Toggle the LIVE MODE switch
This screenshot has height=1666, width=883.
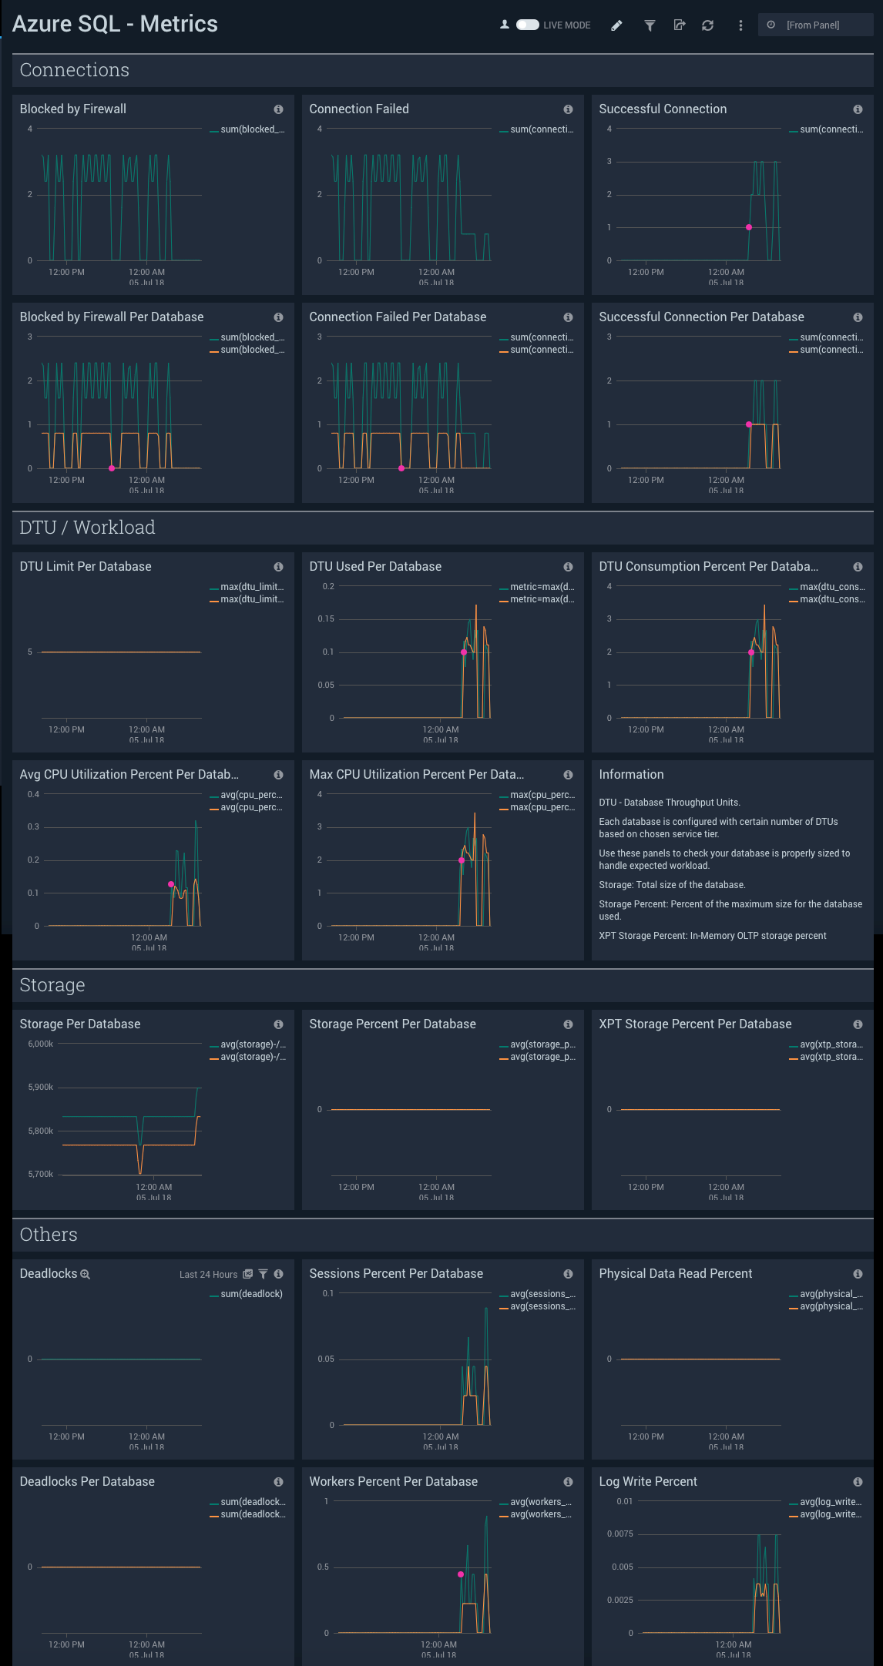[x=527, y=25]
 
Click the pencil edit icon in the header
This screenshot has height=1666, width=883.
[x=616, y=25]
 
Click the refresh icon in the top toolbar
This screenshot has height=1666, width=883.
[x=707, y=25]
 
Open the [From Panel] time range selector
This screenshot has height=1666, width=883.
[x=813, y=25]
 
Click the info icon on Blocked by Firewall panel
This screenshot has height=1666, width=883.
[x=278, y=109]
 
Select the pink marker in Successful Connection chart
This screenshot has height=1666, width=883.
[x=749, y=227]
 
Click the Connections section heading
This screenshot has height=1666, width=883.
[x=74, y=70]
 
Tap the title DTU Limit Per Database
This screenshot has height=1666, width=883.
[x=86, y=566]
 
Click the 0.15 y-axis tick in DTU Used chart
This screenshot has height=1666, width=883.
[x=326, y=618]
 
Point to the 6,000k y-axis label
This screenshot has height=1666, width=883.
[x=41, y=1044]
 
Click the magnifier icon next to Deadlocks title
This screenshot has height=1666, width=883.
[x=86, y=1275]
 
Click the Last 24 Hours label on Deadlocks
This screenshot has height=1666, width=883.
[x=208, y=1275]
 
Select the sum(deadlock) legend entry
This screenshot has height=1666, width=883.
[x=250, y=1294]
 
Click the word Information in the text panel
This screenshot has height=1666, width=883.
[x=631, y=774]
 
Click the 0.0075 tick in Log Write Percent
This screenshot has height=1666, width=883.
[x=619, y=1534]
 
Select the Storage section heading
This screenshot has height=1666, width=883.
[x=52, y=985]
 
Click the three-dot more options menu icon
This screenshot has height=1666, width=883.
[x=740, y=25]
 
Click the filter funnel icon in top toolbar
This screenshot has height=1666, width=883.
[x=650, y=25]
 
